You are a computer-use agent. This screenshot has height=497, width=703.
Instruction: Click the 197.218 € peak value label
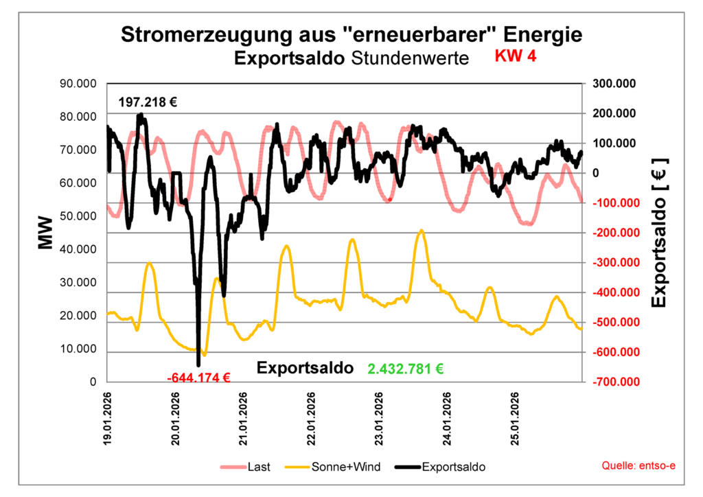[148, 102]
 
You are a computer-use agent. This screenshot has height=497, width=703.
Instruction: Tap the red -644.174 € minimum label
[198, 377]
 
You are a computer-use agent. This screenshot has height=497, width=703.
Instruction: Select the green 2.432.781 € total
[405, 369]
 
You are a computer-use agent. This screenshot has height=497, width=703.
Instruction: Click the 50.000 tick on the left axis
[78, 216]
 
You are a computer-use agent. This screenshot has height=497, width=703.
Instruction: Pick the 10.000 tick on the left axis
[78, 349]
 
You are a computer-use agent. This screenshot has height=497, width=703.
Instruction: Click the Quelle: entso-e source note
[638, 466]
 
